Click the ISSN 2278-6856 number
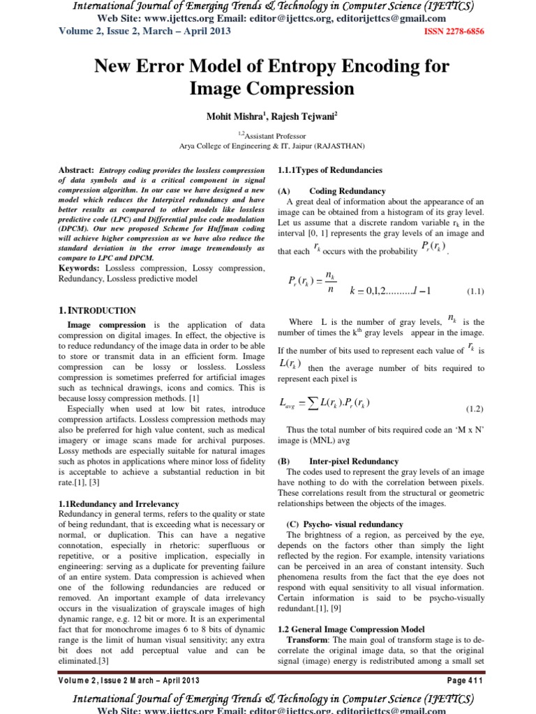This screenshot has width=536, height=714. (x=454, y=32)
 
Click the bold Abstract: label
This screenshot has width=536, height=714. (x=76, y=170)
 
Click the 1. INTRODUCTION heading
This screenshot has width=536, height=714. (x=98, y=310)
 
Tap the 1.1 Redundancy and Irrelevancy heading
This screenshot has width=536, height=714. (x=119, y=503)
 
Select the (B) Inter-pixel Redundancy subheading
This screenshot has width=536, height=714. (x=338, y=462)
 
